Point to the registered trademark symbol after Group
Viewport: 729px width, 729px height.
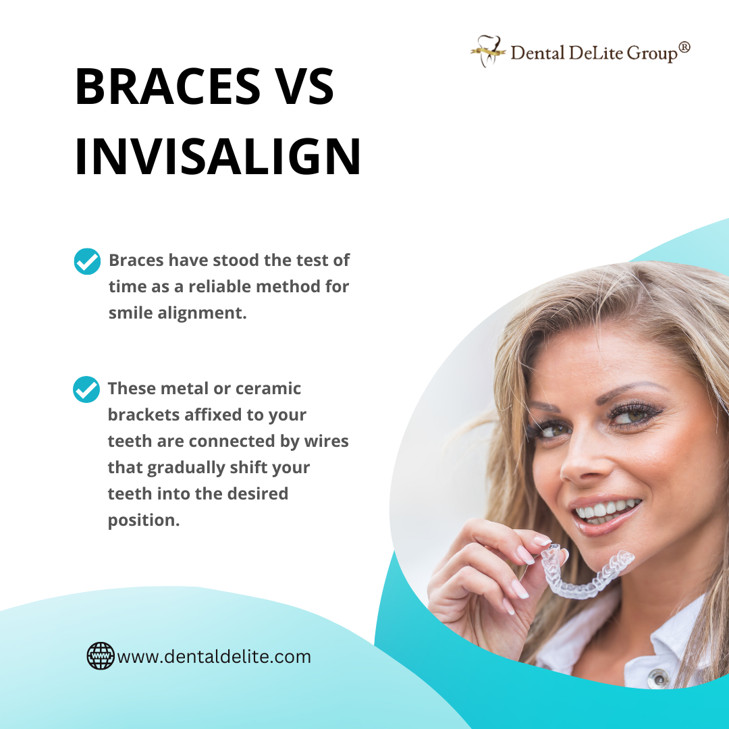pyautogui.click(x=684, y=47)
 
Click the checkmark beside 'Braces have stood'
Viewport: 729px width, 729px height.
pyautogui.click(x=87, y=261)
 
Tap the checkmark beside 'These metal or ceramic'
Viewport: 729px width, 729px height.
pyautogui.click(x=86, y=389)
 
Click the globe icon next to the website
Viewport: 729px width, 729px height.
pyautogui.click(x=101, y=655)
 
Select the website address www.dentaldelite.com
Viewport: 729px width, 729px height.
pyautogui.click(x=214, y=656)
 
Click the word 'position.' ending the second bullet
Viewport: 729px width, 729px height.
pyautogui.click(x=144, y=520)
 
